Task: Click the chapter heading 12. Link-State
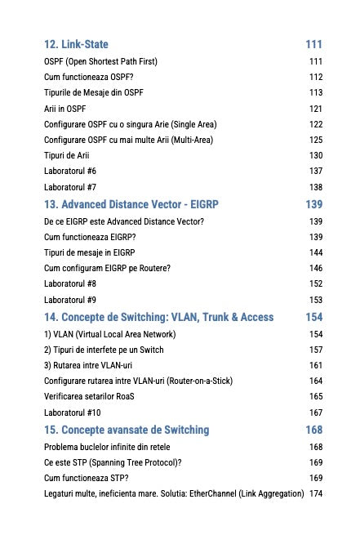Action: pos(76,44)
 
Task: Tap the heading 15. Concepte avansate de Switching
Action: pos(127,430)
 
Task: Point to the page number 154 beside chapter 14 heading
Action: pos(313,317)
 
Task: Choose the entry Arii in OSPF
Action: pos(64,108)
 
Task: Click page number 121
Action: pos(316,108)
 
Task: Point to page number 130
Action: pos(316,155)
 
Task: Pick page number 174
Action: pos(316,493)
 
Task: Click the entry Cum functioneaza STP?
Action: pos(85,478)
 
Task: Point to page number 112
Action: pos(316,77)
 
